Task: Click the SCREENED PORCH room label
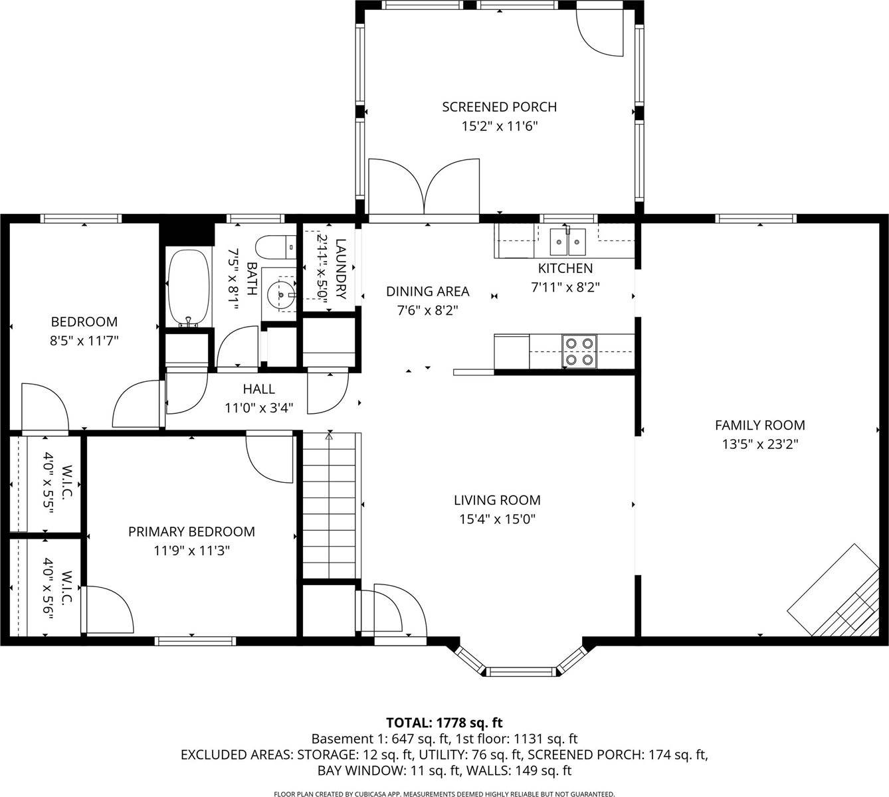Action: [x=499, y=107]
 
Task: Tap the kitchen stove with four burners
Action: [x=579, y=351]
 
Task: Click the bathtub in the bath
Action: [x=189, y=288]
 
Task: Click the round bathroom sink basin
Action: [x=281, y=292]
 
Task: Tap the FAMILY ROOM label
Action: [x=759, y=425]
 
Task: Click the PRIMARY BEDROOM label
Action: [x=191, y=531]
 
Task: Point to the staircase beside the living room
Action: [x=330, y=505]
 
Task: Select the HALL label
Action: [x=258, y=389]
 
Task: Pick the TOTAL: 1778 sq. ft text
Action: [x=444, y=723]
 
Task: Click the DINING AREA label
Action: [x=427, y=291]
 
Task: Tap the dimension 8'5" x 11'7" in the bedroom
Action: [x=84, y=341]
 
